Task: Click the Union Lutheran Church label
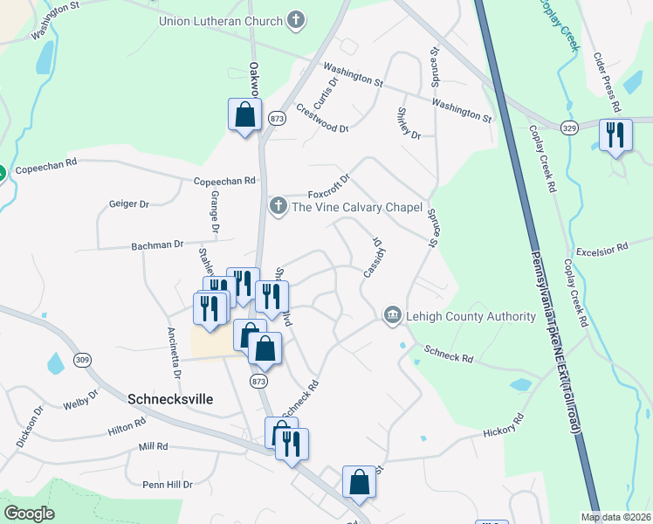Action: pyautogui.click(x=221, y=21)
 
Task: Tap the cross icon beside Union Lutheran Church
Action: pyautogui.click(x=297, y=20)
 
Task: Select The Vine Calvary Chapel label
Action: pyautogui.click(x=356, y=207)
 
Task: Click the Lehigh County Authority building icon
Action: pyautogui.click(x=392, y=315)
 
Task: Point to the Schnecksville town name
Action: pyautogui.click(x=170, y=397)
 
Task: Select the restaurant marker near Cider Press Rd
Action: pyautogui.click(x=616, y=135)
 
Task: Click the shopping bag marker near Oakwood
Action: pyautogui.click(x=245, y=114)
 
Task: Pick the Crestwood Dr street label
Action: pyautogui.click(x=322, y=118)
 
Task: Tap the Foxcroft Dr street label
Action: pyautogui.click(x=328, y=187)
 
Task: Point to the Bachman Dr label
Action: pyautogui.click(x=157, y=245)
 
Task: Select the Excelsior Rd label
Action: pyautogui.click(x=602, y=248)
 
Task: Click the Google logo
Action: pyautogui.click(x=29, y=514)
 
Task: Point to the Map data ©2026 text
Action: pyautogui.click(x=615, y=517)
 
